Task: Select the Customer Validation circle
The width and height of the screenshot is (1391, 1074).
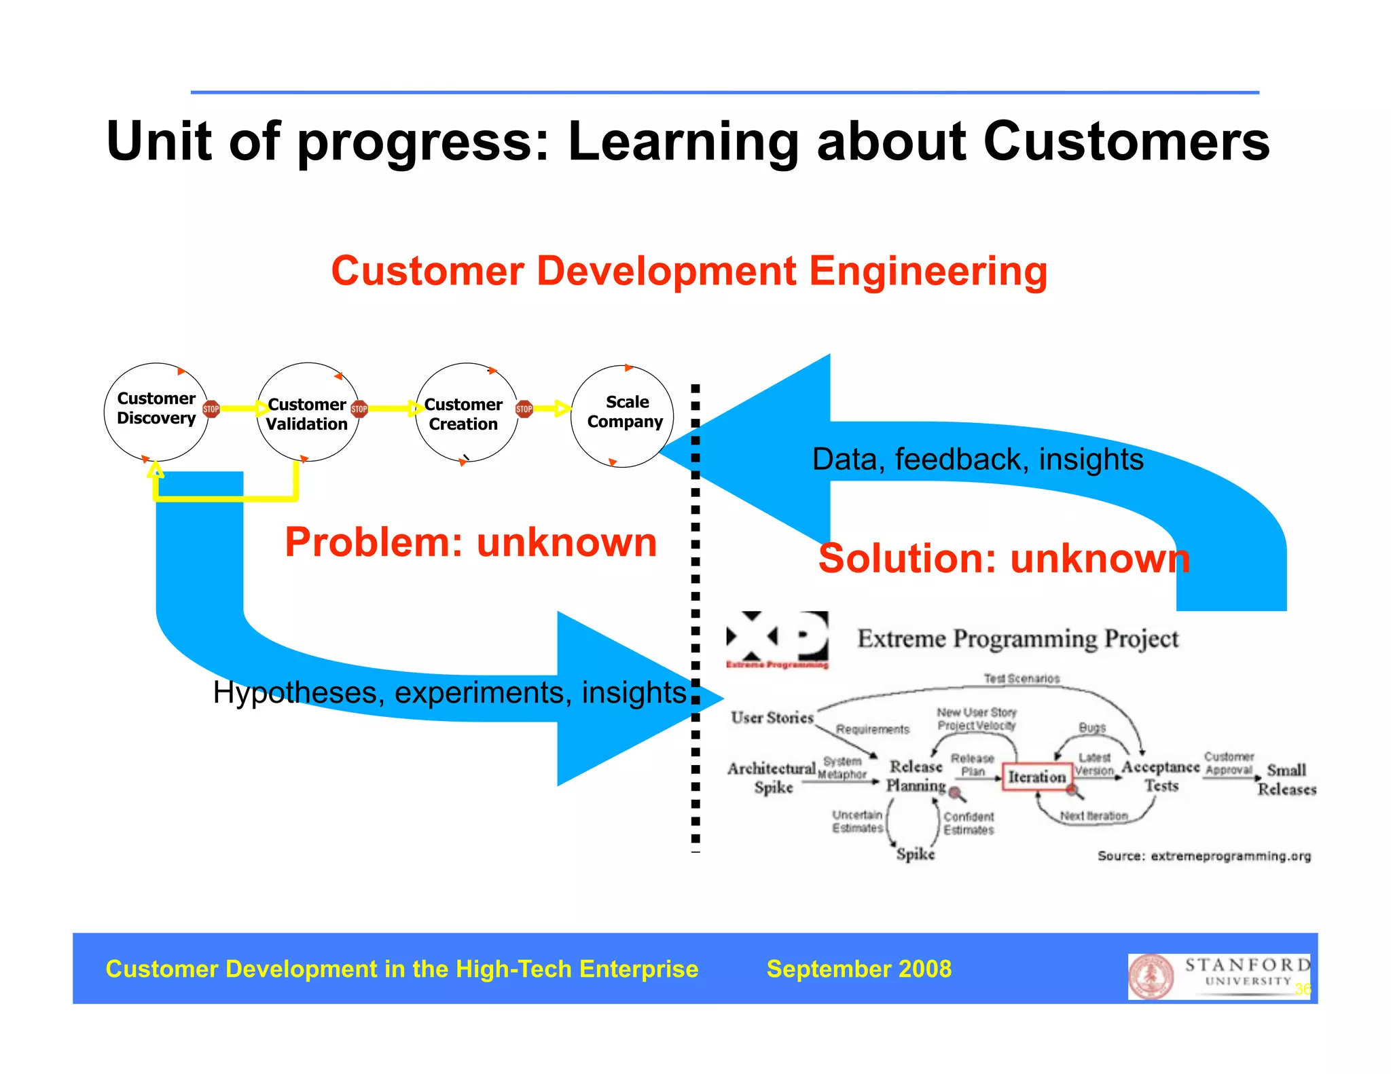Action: point(307,413)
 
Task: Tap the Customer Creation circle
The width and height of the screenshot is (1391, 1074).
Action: point(465,413)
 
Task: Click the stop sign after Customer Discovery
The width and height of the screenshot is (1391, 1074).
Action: point(211,409)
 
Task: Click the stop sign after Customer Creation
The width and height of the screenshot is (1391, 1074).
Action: point(524,409)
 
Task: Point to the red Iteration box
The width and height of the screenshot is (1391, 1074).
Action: point(1036,777)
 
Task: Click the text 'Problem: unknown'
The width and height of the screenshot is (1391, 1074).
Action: point(470,542)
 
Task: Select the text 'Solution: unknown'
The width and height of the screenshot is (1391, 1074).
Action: point(1003,559)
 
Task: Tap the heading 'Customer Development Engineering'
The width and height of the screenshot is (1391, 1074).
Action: point(689,271)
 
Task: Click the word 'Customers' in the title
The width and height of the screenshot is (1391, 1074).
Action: point(1126,141)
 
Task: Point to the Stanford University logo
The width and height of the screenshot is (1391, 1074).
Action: point(1219,976)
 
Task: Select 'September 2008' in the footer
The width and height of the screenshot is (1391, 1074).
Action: point(859,969)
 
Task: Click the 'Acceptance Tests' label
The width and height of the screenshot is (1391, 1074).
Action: point(1160,776)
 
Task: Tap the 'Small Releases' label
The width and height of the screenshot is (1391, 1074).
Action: point(1286,779)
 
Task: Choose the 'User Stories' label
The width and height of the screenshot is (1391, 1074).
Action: point(772,718)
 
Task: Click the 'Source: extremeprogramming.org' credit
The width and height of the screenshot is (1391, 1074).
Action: point(1204,856)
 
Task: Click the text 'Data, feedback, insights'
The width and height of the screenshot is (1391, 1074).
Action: point(977,460)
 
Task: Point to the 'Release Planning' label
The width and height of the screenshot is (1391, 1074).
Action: point(916,776)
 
